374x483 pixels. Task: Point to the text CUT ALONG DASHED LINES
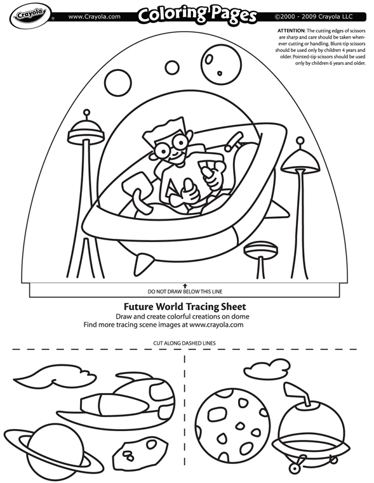click(184, 342)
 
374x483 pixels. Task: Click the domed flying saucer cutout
click(304, 425)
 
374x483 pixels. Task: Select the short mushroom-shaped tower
click(260, 250)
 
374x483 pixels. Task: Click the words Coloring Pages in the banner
click(197, 15)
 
